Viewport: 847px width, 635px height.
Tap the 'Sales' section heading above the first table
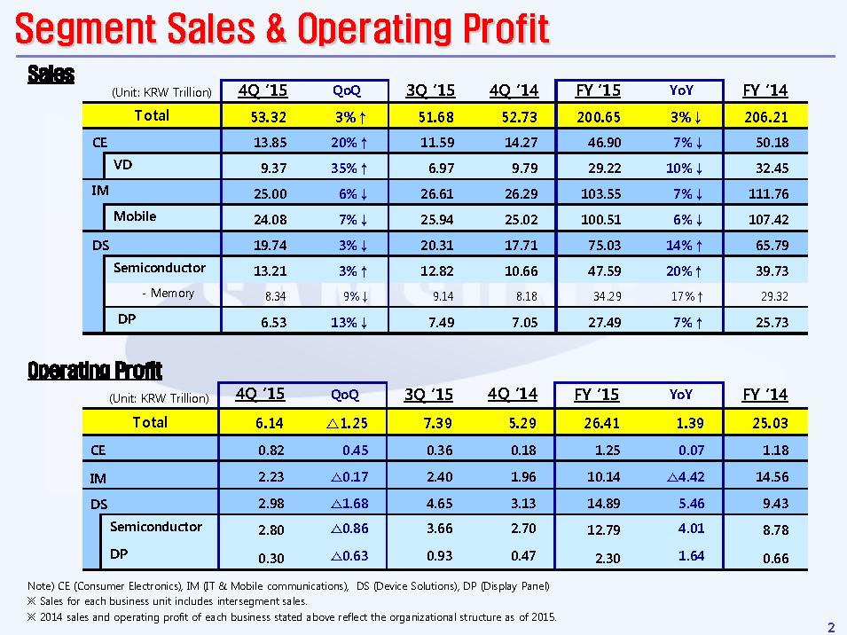point(51,74)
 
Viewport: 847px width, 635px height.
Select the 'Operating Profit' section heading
point(95,369)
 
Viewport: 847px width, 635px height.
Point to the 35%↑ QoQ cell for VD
point(346,167)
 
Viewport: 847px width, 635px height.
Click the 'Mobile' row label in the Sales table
point(135,216)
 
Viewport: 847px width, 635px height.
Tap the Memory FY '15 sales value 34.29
point(603,294)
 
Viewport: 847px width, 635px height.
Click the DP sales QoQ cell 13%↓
point(346,321)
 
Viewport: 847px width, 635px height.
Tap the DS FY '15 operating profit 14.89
point(603,503)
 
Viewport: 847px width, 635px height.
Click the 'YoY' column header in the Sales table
point(681,90)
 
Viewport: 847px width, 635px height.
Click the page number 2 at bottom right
point(831,628)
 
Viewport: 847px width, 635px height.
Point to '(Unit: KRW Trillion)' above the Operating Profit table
point(159,398)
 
